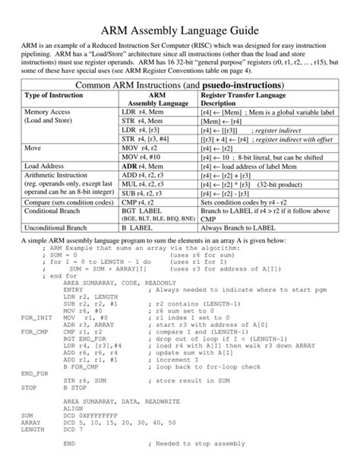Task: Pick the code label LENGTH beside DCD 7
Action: coord(33,450)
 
